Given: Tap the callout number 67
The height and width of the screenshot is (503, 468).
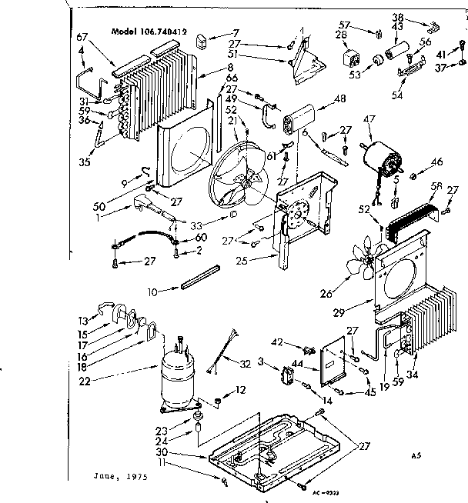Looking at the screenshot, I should [x=83, y=38].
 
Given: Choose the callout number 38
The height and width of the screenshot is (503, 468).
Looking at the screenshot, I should [x=420, y=16].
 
